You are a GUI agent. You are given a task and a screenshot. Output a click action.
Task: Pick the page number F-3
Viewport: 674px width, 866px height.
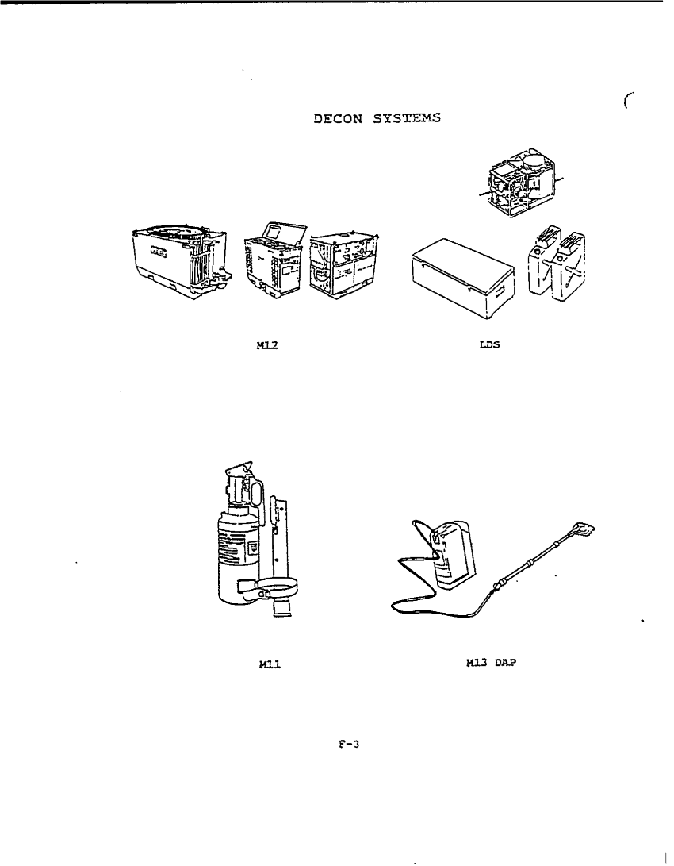(x=346, y=745)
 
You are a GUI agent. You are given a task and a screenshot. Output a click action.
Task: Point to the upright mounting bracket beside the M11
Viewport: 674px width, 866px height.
(x=278, y=540)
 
